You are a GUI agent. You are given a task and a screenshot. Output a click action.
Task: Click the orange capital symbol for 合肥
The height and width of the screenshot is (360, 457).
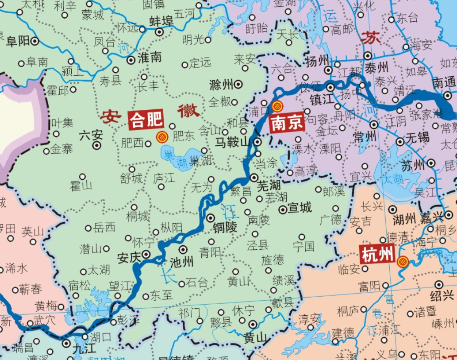[162, 138]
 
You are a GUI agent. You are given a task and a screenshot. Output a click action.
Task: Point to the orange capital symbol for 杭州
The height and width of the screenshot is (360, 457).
[403, 262]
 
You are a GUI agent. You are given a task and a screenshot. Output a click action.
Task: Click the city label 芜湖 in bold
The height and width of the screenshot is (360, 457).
[269, 186]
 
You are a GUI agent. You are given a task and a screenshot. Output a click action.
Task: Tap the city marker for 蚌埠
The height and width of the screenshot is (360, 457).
[160, 32]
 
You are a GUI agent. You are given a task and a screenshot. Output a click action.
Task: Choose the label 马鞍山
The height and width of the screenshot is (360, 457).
[233, 142]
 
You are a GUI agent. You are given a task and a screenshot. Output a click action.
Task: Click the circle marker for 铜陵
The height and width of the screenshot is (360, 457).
[211, 218]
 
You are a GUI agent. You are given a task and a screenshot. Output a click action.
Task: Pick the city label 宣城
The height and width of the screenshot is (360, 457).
[300, 208]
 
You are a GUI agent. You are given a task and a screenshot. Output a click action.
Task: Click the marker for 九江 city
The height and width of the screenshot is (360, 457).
[66, 343]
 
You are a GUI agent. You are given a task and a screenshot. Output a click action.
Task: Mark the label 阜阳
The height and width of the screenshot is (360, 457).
[18, 42]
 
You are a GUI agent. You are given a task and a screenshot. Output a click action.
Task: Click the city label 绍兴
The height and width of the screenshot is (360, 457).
[442, 295]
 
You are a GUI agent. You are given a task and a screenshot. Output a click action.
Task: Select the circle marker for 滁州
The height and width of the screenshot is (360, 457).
[238, 84]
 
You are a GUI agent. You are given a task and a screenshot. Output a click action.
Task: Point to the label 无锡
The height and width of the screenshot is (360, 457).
[417, 137]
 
